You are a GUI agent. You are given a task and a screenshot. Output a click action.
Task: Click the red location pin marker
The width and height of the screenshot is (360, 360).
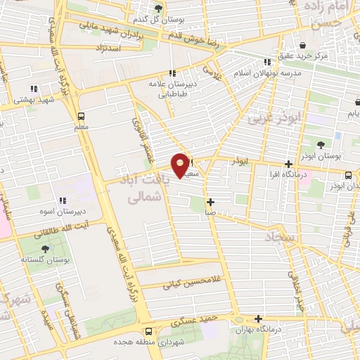click(181, 165)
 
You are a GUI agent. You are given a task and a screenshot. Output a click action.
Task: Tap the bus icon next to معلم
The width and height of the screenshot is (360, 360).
click(81, 116)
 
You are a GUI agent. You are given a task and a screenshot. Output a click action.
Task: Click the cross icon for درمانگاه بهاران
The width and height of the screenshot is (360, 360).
click(259, 319)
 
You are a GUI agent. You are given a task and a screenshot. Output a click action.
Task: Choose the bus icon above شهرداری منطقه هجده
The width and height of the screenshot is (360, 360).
click(148, 331)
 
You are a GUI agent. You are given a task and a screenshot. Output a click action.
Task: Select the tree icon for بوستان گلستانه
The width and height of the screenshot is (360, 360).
click(46, 248)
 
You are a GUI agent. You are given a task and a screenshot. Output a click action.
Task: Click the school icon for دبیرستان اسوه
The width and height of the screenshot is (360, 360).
click(61, 200)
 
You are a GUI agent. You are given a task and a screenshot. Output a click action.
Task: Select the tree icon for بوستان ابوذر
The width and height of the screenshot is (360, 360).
click(321, 145)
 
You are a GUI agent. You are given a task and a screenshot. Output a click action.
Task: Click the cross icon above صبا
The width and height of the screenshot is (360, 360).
click(210, 202)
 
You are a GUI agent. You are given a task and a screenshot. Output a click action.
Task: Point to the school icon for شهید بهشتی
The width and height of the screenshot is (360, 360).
click(33, 89)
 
